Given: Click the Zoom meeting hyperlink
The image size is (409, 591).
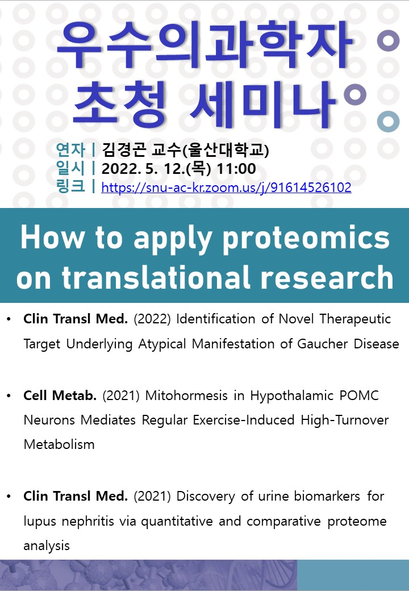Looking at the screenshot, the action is [226, 188].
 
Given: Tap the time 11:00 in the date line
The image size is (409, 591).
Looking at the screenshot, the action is [236, 168].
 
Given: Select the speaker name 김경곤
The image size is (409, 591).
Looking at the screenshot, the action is [124, 149].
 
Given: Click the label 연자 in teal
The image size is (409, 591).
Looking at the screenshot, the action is [70, 149].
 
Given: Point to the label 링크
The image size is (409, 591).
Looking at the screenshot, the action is [70, 186].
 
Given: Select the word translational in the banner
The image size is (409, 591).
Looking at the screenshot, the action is [157, 277].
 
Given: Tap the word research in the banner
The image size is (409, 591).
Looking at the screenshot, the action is [327, 277].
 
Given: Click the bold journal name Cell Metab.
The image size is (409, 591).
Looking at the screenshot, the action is [60, 396].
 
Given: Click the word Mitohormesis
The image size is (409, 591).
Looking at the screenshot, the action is [186, 396].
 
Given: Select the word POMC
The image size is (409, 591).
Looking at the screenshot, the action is [359, 396].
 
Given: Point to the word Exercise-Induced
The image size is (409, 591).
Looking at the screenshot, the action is [244, 420].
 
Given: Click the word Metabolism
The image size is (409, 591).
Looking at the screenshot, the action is [59, 444].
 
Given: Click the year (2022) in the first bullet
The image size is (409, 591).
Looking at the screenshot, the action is [152, 319].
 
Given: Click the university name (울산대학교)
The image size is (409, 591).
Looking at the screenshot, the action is [226, 149].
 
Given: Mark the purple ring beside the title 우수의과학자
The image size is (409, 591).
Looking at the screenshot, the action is [388, 40].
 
